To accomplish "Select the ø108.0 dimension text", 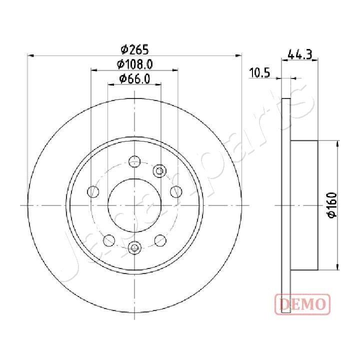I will coord(134,64).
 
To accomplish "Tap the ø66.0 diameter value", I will coord(134,78).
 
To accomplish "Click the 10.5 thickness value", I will coord(259,73).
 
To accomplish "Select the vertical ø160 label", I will coord(332,205).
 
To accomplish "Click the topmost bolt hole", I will coord(134,161).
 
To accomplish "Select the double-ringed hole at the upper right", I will coord(160,171).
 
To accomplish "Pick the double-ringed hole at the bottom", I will coord(134,246).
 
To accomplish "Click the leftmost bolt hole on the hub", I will coord(93,191).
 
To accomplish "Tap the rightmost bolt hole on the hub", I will coord(176,191).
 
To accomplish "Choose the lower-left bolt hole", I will coord(108,241).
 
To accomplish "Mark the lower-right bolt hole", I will coord(160,241).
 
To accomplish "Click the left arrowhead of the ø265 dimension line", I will coord(29,55).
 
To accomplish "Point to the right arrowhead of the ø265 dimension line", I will coord(239,55).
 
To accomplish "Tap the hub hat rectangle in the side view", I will coord(304,205).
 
